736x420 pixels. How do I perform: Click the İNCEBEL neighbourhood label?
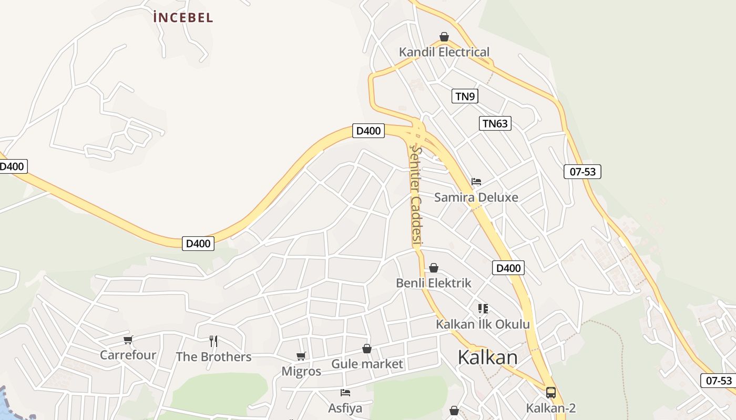click(x=183, y=17)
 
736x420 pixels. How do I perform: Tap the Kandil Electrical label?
click(x=444, y=52)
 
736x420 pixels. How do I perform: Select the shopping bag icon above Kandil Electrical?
click(x=444, y=37)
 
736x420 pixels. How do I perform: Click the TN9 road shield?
click(x=465, y=96)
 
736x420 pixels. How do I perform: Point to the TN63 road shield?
click(x=495, y=123)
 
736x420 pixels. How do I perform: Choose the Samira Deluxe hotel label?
click(x=476, y=197)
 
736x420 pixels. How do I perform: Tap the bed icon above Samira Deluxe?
click(x=476, y=182)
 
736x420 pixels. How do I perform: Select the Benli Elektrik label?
click(x=434, y=283)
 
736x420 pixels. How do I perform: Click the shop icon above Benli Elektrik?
click(x=434, y=268)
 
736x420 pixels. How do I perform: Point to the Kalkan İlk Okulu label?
click(x=483, y=324)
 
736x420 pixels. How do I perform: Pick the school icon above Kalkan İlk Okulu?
click(x=483, y=308)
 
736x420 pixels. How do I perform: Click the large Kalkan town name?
click(x=487, y=358)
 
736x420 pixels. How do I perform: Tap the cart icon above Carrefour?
click(x=128, y=340)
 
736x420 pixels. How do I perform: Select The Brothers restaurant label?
click(x=213, y=357)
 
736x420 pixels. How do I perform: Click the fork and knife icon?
click(x=213, y=341)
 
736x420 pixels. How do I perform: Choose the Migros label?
click(x=301, y=372)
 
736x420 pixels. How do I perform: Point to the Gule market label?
click(x=367, y=364)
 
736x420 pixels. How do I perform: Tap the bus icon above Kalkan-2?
click(x=551, y=392)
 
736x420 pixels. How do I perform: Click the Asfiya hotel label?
click(x=345, y=408)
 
